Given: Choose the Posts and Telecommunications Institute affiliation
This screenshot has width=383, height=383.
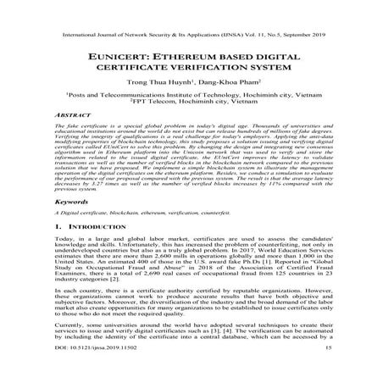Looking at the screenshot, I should pyautogui.click(x=191, y=98).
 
